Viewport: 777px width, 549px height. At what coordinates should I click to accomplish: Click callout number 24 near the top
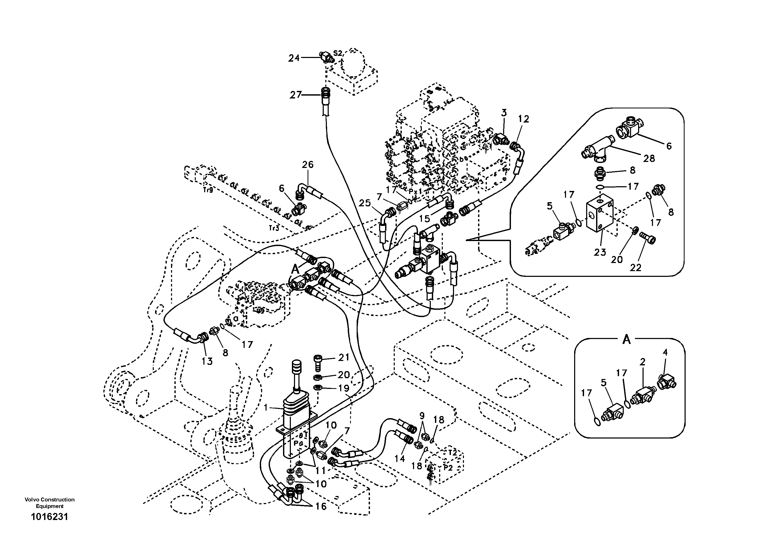click(x=294, y=58)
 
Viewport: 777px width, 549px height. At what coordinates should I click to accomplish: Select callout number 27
click(x=295, y=95)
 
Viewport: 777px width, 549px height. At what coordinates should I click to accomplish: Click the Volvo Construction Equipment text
click(x=49, y=503)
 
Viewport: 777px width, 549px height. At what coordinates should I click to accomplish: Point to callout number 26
click(x=308, y=165)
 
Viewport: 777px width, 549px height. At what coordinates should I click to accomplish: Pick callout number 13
click(x=207, y=361)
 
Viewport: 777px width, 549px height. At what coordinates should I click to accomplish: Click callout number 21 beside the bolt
click(x=344, y=358)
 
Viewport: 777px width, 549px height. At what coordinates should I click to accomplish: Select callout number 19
click(x=344, y=388)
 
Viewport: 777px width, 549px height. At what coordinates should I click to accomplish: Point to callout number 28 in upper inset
click(x=649, y=158)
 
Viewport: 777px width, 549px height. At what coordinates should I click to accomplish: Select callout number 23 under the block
click(x=600, y=252)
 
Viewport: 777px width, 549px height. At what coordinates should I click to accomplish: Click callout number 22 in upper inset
click(x=635, y=267)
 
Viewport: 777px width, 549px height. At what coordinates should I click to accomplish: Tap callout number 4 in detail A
click(x=665, y=352)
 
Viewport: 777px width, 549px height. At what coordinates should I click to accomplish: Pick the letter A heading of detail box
click(x=626, y=340)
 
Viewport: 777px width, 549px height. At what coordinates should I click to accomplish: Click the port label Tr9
click(x=208, y=190)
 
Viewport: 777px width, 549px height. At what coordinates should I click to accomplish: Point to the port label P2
click(x=448, y=468)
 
